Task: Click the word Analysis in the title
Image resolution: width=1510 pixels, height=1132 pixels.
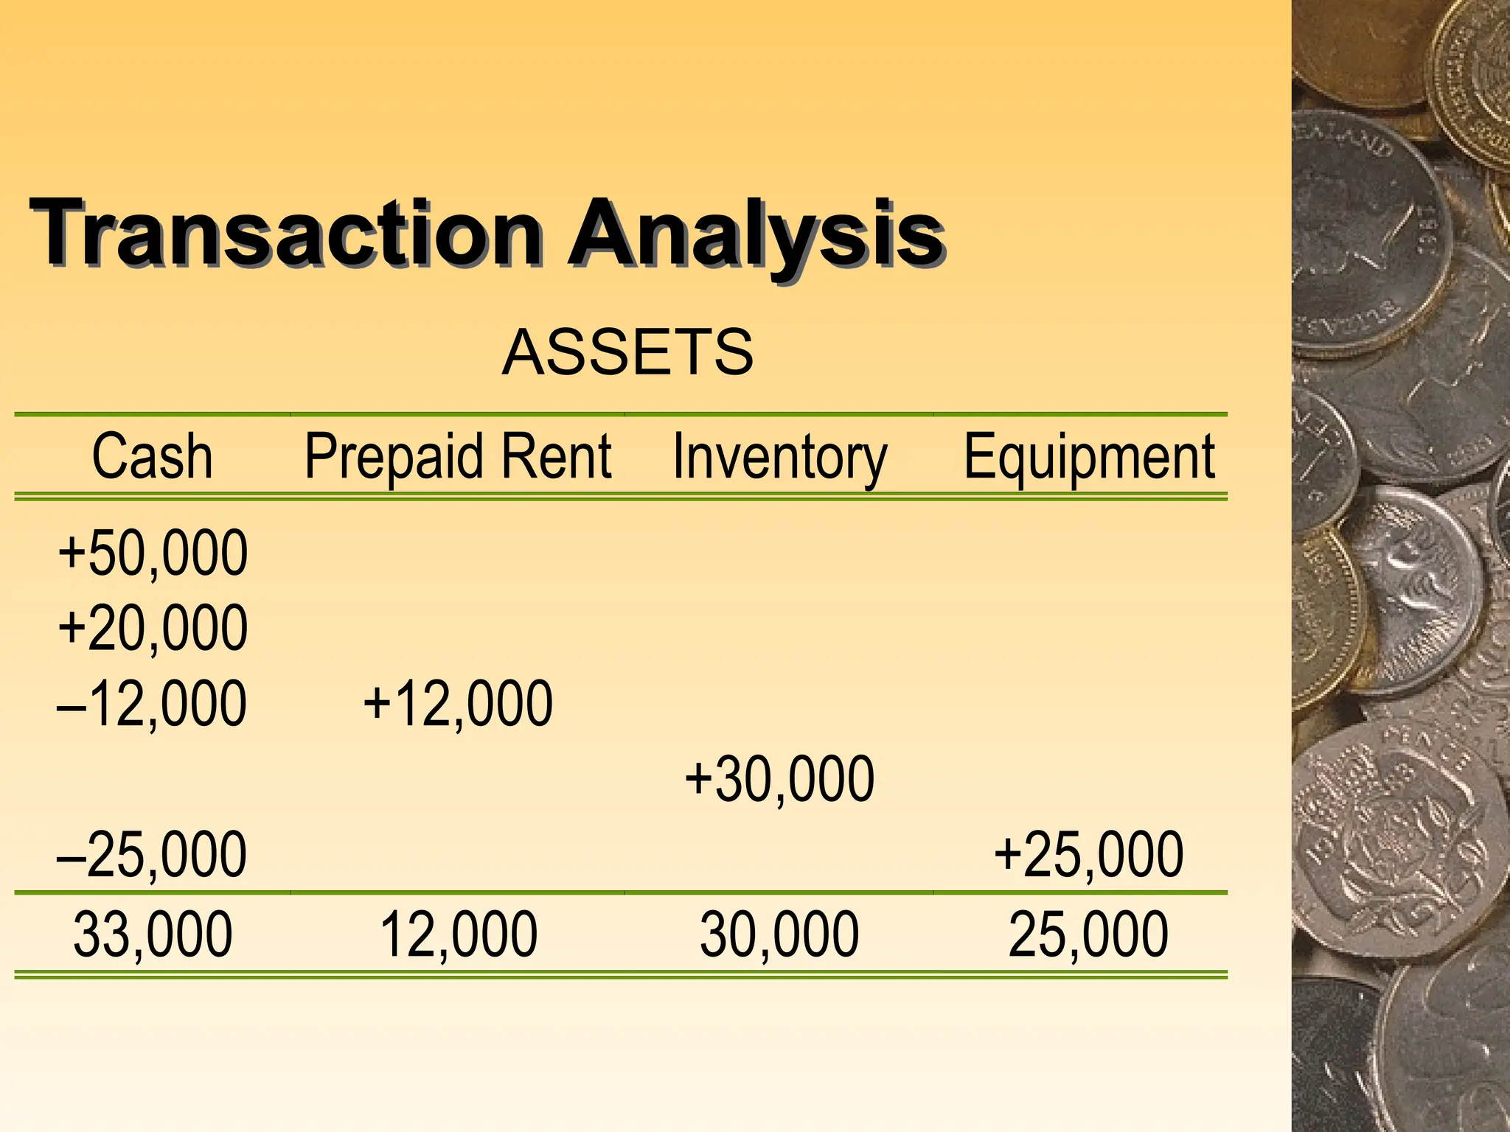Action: pyautogui.click(x=756, y=233)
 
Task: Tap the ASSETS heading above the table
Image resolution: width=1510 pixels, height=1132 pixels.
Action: pyautogui.click(x=627, y=352)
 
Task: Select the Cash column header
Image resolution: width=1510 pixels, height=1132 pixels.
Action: pyautogui.click(x=152, y=457)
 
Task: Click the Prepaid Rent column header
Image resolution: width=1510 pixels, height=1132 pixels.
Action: pyautogui.click(x=458, y=457)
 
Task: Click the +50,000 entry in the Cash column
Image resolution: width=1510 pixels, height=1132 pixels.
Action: pyautogui.click(x=153, y=553)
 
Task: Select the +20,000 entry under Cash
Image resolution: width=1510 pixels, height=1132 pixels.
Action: pyautogui.click(x=153, y=628)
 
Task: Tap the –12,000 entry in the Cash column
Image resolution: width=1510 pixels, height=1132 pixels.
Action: pyautogui.click(x=152, y=704)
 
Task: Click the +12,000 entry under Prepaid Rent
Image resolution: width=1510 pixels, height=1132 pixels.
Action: pyautogui.click(x=458, y=704)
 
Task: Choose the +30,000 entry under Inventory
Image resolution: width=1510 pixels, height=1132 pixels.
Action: pyautogui.click(x=779, y=780)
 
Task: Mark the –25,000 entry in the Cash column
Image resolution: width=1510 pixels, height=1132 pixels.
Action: pyautogui.click(x=152, y=855)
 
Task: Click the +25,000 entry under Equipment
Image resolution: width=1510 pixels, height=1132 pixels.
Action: pyautogui.click(x=1088, y=855)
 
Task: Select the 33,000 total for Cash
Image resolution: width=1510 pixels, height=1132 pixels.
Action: pyautogui.click(x=153, y=934)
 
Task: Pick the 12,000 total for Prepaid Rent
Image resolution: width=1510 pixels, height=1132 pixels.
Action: pyautogui.click(x=458, y=934)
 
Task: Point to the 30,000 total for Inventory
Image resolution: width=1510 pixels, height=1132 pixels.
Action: pyautogui.click(x=779, y=934)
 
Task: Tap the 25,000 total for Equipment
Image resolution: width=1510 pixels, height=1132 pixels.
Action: pyautogui.click(x=1088, y=934)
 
